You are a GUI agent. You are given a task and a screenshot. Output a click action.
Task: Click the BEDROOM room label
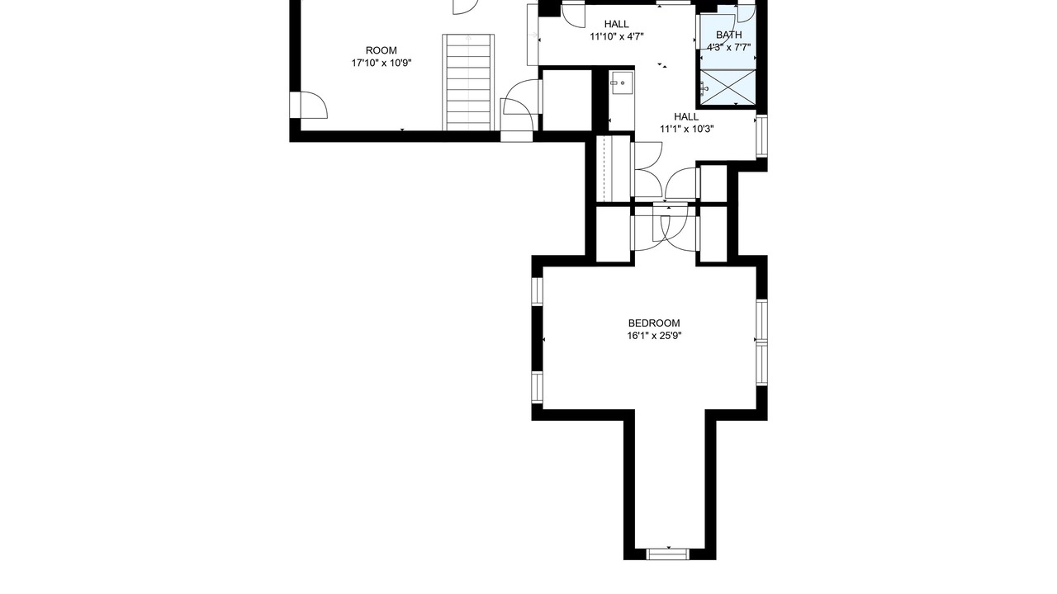click(x=653, y=323)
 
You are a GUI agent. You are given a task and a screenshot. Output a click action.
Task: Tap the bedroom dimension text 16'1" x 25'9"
click(x=654, y=336)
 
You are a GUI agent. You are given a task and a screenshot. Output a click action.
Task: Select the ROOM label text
click(x=382, y=50)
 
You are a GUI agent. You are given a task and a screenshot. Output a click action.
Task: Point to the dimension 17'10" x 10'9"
click(x=382, y=64)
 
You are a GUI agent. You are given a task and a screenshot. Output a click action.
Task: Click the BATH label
click(x=728, y=35)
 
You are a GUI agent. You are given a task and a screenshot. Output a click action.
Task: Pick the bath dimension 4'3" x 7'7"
click(x=728, y=47)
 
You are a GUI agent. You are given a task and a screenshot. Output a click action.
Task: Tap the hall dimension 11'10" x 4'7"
click(x=617, y=36)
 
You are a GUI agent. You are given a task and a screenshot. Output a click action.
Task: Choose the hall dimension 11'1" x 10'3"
click(x=686, y=129)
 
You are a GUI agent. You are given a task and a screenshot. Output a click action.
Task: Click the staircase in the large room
click(x=468, y=82)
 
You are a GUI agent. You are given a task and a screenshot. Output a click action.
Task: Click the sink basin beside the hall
click(x=621, y=83)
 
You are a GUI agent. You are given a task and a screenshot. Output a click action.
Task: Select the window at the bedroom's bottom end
click(x=668, y=553)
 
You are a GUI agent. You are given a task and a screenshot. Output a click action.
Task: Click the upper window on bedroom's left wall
click(x=537, y=291)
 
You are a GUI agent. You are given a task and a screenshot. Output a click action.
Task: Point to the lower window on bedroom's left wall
click(x=537, y=387)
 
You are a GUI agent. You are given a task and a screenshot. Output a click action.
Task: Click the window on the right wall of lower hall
click(x=761, y=136)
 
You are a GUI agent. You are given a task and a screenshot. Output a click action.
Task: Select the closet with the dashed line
click(x=614, y=168)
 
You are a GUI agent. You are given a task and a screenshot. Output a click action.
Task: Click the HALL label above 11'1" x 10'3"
click(x=686, y=116)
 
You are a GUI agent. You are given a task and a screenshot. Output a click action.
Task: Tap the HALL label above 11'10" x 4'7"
click(x=617, y=24)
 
